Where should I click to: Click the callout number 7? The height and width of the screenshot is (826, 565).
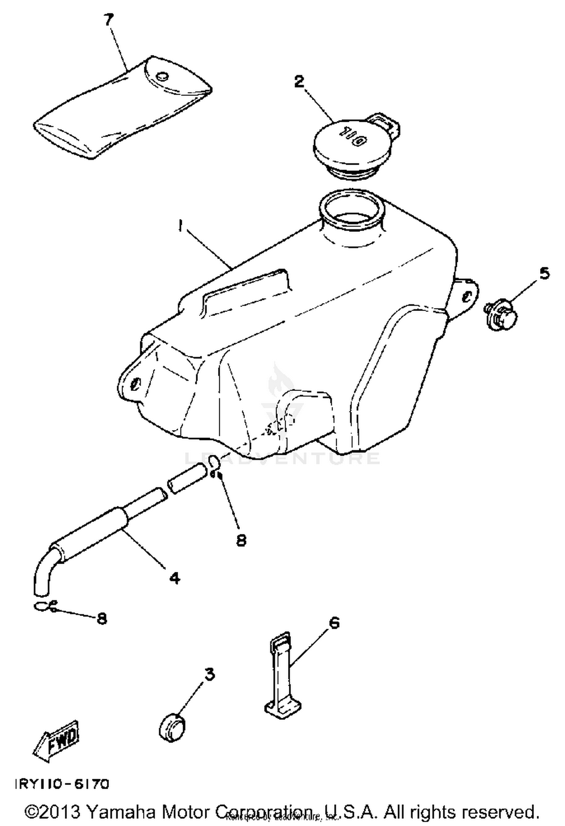pos(109,21)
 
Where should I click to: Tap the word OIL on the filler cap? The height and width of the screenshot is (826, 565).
pos(352,136)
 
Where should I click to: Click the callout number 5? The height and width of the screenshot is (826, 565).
pos(544,273)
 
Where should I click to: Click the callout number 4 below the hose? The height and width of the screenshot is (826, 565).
pos(174,578)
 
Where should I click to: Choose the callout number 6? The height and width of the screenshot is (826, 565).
pos(334,623)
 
